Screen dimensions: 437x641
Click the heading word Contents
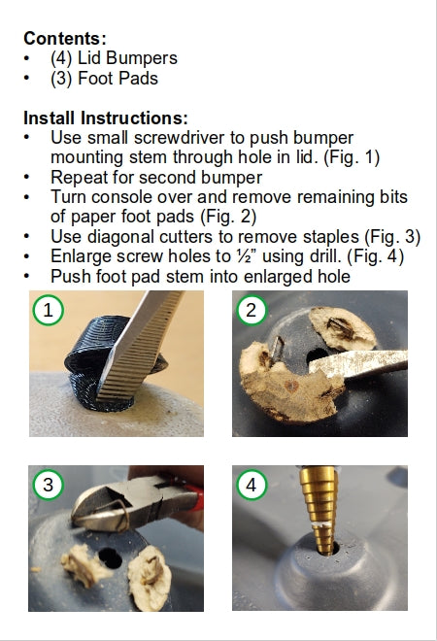tap(62, 39)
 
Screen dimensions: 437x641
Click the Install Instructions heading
tap(106, 118)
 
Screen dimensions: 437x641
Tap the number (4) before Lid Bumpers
tap(61, 58)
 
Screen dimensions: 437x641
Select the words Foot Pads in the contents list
tap(118, 78)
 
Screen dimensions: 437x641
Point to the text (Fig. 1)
tap(352, 157)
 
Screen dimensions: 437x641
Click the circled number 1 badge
tap(49, 310)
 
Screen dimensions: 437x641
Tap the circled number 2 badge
tap(252, 310)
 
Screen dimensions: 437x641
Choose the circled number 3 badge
tap(49, 485)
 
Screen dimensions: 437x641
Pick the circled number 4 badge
tap(251, 485)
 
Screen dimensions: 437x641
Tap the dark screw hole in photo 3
tap(110, 558)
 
